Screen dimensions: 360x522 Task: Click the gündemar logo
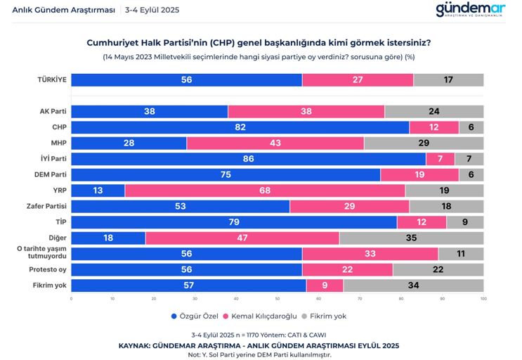[x=470, y=10]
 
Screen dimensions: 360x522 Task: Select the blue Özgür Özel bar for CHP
[x=240, y=127]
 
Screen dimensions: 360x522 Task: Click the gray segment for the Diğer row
[x=411, y=238]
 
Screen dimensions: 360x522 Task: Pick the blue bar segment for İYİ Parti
[x=248, y=159]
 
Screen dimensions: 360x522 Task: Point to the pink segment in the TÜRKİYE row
[x=358, y=80]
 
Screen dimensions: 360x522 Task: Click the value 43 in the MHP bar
[x=275, y=143]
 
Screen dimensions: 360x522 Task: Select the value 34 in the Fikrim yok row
[x=413, y=285]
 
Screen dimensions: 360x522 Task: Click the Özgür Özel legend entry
[x=197, y=316]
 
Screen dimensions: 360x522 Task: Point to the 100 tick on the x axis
[x=483, y=299]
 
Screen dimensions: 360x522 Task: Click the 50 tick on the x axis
[x=277, y=299]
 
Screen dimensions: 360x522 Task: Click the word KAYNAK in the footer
[x=138, y=345]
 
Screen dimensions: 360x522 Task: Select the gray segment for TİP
[x=464, y=222]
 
